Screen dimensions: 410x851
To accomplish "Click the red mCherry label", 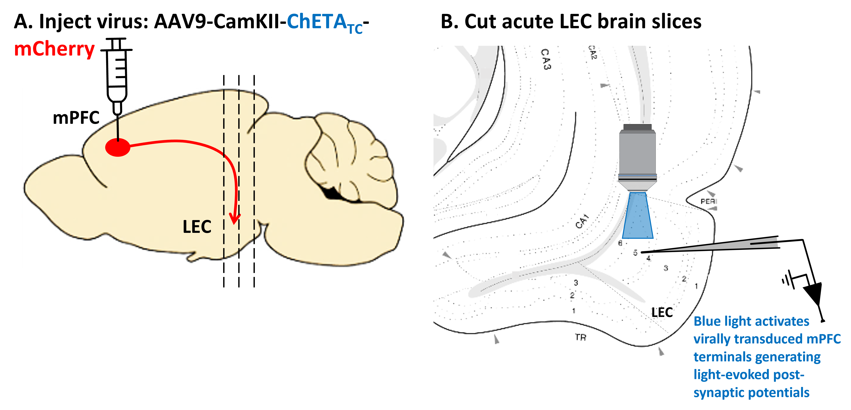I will (x=55, y=50).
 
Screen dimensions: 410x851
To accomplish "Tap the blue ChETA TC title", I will (x=324, y=23).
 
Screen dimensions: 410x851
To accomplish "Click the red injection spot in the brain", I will (x=118, y=147).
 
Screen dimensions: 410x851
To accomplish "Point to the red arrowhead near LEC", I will (x=235, y=219).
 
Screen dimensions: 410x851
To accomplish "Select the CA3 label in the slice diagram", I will (x=546, y=59).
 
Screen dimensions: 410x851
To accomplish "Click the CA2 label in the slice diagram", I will (x=593, y=53).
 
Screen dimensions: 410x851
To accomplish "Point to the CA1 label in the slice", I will (x=582, y=222).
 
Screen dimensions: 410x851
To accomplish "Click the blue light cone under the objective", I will (x=638, y=216).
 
